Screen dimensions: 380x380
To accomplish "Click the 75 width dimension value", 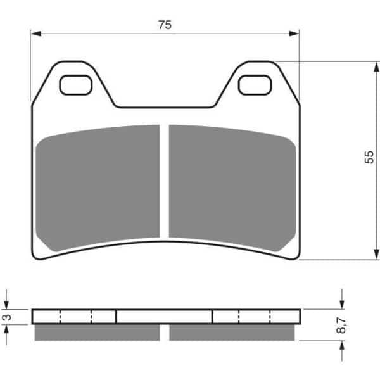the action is click(x=165, y=25).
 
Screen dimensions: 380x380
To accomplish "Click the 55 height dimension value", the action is click(x=369, y=157).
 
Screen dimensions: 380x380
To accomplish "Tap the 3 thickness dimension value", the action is click(x=8, y=317).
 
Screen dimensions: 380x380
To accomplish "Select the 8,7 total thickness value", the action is click(x=341, y=326).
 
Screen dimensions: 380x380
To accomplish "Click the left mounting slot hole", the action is click(x=75, y=85).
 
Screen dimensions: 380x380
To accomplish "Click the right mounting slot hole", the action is click(x=255, y=85).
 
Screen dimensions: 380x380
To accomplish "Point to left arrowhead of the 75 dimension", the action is click(x=35, y=34).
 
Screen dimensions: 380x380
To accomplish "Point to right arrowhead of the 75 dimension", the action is click(x=294, y=34).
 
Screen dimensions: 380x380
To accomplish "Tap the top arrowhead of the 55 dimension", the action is click(x=376, y=66).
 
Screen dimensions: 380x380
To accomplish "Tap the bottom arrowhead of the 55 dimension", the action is click(x=376, y=255).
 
